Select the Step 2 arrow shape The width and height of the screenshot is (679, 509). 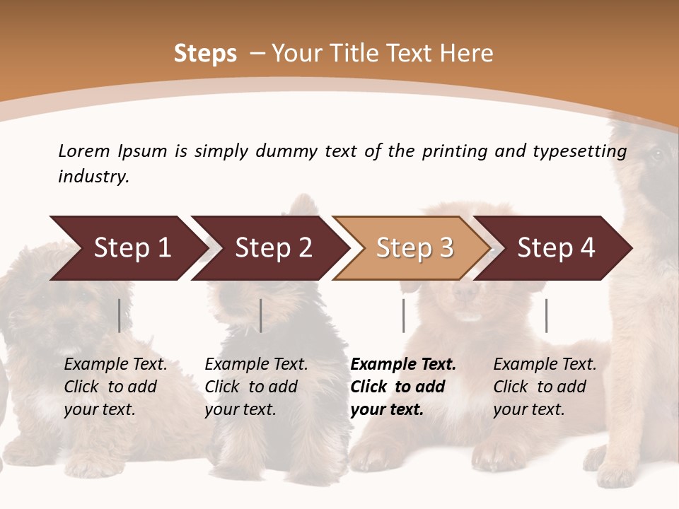273,248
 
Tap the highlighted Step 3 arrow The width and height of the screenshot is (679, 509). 414,248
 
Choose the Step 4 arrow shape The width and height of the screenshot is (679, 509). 556,248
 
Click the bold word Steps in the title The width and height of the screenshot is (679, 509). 205,54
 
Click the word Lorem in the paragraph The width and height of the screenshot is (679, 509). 83,151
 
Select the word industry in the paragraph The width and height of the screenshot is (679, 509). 93,176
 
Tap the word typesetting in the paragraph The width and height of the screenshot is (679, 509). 579,151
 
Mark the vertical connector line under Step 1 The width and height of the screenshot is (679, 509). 120,315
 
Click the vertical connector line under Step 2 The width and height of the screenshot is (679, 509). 261,315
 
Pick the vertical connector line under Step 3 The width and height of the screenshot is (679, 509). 403,315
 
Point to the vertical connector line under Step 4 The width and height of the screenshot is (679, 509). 546,315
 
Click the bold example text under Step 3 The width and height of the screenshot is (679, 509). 402,387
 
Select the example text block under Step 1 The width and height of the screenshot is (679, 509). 115,387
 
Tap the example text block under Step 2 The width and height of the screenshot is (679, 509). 256,387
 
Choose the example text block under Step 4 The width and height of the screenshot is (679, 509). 544,387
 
